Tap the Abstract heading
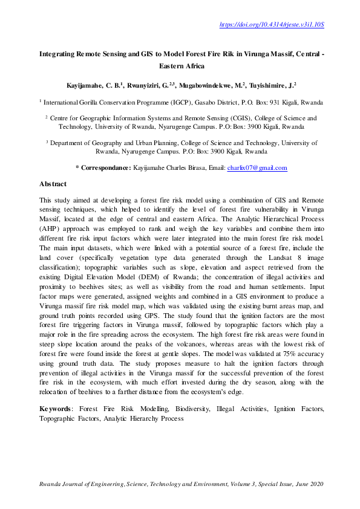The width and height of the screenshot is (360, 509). click(x=53, y=184)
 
